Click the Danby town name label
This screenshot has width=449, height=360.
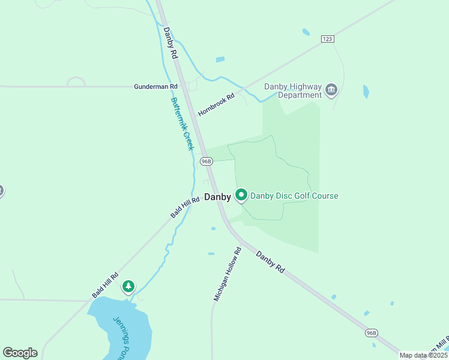click(217, 197)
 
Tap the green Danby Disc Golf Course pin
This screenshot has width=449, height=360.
click(241, 195)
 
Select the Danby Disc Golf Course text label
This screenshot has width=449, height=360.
click(294, 196)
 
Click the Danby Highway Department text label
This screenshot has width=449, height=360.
click(293, 91)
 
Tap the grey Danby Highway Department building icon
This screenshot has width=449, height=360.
click(331, 91)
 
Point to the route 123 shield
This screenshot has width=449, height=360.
click(327, 38)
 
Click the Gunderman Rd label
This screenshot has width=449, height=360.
click(151, 86)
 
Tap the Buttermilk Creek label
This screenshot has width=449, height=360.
click(182, 124)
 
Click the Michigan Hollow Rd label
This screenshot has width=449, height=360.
click(228, 274)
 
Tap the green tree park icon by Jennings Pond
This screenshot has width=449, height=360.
click(128, 287)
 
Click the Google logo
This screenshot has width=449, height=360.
click(20, 353)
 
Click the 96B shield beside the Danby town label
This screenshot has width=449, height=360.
click(206, 161)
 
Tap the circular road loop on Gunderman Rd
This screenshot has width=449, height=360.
click(76, 82)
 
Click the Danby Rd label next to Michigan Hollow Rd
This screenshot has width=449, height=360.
click(270, 262)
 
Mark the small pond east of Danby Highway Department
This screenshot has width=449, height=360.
click(366, 91)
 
